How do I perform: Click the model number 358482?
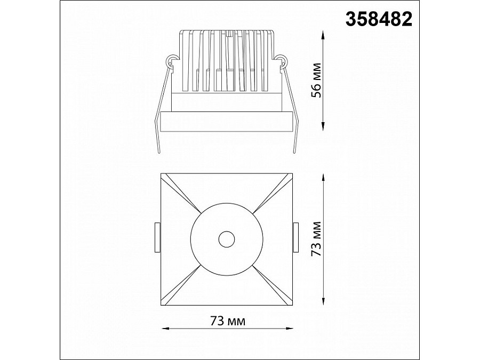[379, 19]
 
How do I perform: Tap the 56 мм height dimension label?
[316, 80]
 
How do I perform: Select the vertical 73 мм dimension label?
[316, 239]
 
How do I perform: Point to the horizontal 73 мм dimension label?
[228, 321]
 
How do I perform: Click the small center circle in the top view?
[227, 239]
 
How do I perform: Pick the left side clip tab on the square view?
[158, 237]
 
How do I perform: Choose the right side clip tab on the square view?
[295, 237]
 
